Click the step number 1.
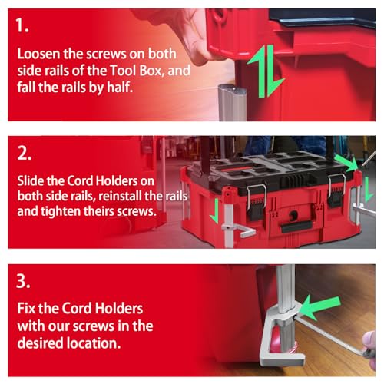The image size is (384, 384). tap(22, 25)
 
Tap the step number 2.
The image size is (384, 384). tap(25, 154)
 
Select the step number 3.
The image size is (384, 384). tap(23, 281)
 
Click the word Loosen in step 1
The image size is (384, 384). tap(38, 54)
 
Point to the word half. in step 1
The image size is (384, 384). tap(120, 87)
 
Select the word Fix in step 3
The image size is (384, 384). tap(26, 308)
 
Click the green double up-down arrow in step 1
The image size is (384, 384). tap(266, 71)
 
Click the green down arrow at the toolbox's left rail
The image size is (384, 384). tap(215, 210)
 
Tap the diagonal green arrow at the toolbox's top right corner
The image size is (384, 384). tap(346, 162)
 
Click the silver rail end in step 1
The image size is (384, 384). tap(232, 102)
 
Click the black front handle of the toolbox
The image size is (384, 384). tap(296, 227)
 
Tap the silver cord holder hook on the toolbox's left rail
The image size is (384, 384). tap(240, 230)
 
